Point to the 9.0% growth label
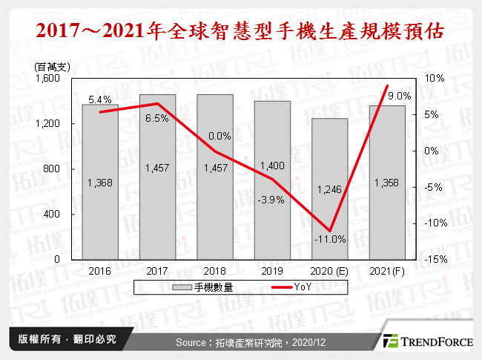(x=399, y=96)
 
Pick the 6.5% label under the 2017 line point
(x=157, y=118)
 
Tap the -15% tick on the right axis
(x=435, y=260)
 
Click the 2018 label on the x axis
(x=214, y=271)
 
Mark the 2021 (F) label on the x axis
(x=387, y=271)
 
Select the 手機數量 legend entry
(x=205, y=287)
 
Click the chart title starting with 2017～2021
(x=241, y=32)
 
